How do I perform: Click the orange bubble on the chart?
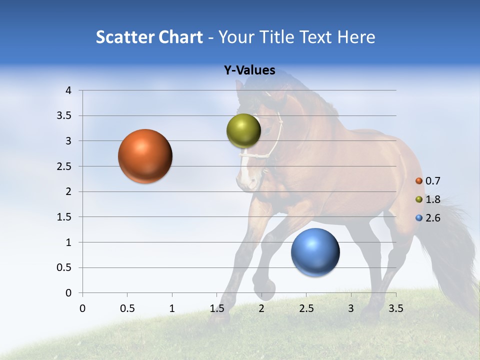tap(145, 156)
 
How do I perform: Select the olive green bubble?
tap(243, 131)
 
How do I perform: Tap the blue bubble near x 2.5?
tap(315, 252)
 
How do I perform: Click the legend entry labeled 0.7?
tap(432, 181)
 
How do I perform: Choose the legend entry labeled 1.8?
tap(432, 199)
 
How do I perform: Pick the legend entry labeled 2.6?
tap(432, 218)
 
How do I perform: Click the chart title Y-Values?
tap(249, 70)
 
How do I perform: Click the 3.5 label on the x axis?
tap(395, 308)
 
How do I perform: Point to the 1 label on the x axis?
tap(172, 308)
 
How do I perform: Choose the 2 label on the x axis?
tap(261, 308)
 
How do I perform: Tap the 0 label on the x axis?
tap(82, 308)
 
